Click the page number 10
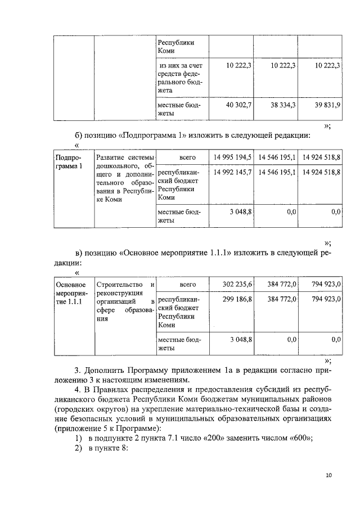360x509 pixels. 329,475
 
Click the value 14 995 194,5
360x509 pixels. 232,156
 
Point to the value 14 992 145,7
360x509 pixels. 232,171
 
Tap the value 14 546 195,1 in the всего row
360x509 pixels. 277,156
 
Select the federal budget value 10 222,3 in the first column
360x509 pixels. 238,66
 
